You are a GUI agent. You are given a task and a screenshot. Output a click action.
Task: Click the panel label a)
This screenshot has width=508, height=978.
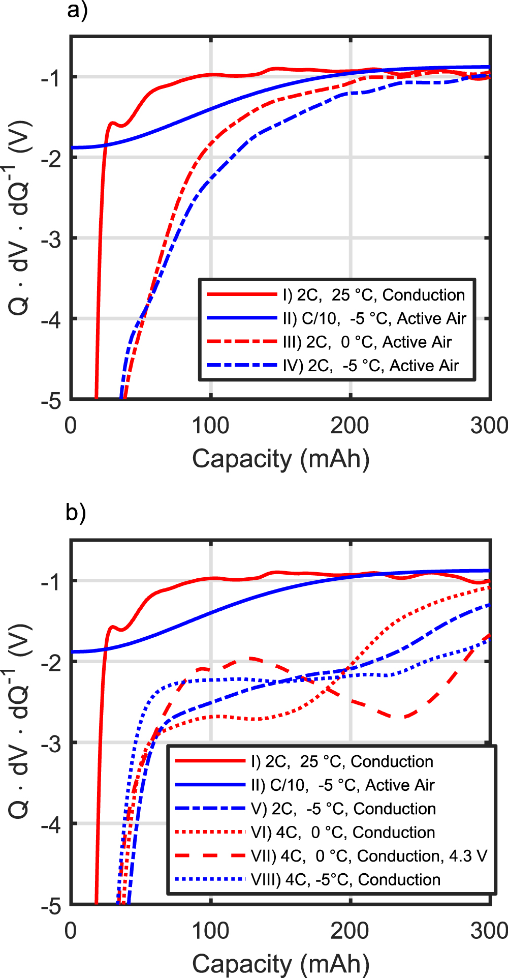[x=77, y=11]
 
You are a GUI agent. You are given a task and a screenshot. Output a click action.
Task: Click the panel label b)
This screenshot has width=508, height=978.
[x=76, y=513]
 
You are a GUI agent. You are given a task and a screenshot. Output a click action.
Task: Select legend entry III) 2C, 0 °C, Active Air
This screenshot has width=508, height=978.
[x=367, y=342]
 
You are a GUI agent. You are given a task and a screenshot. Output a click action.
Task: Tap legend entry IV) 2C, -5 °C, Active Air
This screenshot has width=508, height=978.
[x=371, y=366]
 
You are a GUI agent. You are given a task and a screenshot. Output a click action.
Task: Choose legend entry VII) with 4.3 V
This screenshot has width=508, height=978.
[x=369, y=856]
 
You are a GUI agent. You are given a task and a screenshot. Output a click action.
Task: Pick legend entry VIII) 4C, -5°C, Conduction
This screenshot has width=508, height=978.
[x=345, y=879]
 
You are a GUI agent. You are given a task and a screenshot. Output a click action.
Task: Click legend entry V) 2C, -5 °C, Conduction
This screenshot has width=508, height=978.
[x=343, y=809]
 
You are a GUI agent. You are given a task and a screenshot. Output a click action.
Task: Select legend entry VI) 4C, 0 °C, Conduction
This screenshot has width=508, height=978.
[x=343, y=832]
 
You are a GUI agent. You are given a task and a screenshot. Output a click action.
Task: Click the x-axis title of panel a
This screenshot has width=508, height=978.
[x=280, y=459]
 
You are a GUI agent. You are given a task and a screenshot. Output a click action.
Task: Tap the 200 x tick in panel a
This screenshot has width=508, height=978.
[x=350, y=425]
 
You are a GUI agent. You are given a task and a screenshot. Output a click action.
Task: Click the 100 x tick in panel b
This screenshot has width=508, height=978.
[x=210, y=930]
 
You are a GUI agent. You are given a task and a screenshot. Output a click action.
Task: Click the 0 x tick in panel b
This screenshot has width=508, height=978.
[x=71, y=930]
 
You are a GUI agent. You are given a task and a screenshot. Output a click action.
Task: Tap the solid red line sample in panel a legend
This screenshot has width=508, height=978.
[x=242, y=294]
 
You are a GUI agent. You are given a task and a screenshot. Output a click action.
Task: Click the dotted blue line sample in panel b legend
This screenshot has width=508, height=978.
[x=210, y=879]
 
